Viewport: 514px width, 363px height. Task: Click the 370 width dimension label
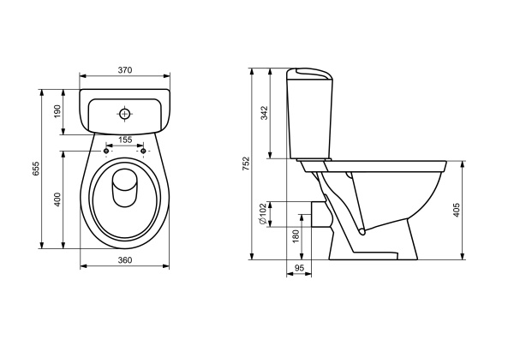[125, 70]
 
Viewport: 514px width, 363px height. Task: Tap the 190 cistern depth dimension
[57, 111]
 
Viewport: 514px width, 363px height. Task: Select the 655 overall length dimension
[36, 169]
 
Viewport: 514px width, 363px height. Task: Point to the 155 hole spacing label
[125, 140]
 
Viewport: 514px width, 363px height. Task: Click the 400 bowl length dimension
[57, 199]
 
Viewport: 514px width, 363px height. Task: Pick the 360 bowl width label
[125, 260]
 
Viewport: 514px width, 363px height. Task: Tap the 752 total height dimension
[246, 164]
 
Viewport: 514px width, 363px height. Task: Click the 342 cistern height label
[264, 113]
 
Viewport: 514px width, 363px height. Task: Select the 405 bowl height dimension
[457, 210]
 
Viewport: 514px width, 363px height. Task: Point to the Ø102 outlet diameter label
[263, 214]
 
